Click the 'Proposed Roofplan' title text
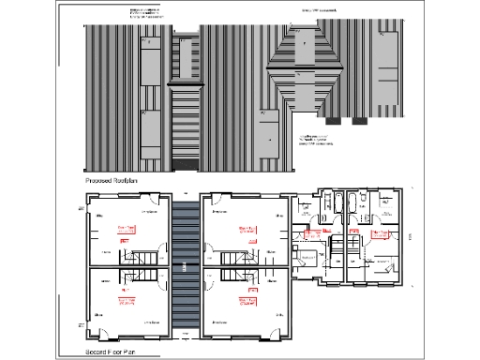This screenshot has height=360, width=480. pos(109,177)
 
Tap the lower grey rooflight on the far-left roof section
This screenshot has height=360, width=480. pos(150,133)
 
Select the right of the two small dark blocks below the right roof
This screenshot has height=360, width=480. pos(359,121)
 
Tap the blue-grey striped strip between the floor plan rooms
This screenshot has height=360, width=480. pos(187,272)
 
